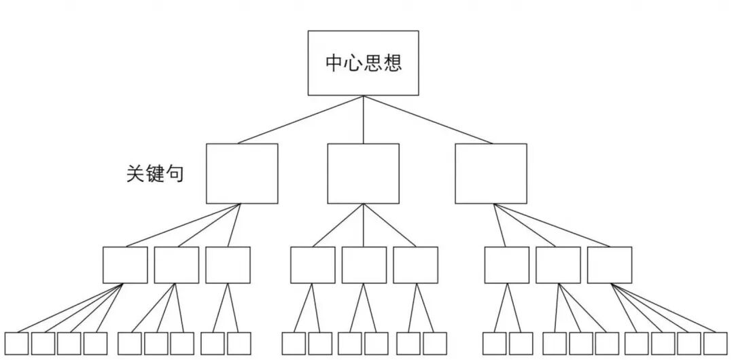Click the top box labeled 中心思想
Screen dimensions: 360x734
click(363, 62)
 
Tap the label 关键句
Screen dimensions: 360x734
click(155, 173)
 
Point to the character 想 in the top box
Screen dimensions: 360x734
click(392, 63)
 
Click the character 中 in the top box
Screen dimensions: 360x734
click(334, 63)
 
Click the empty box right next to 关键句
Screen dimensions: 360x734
click(242, 173)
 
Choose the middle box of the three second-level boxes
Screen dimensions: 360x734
click(363, 173)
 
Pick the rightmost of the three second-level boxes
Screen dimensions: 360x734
click(490, 173)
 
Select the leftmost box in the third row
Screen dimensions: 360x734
click(125, 264)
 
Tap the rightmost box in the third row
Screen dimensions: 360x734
click(609, 264)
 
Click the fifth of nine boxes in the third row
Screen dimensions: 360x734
click(364, 264)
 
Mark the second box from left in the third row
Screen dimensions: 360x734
click(176, 264)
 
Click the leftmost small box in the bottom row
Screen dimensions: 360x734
click(16, 343)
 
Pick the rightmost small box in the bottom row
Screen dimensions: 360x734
click(715, 343)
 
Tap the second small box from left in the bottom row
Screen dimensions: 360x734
click(43, 343)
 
